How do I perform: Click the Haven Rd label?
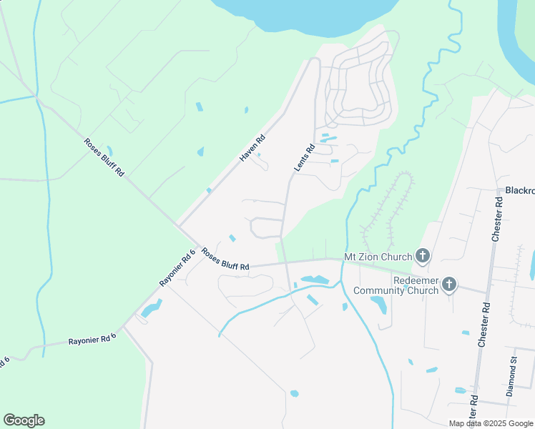click(x=252, y=148)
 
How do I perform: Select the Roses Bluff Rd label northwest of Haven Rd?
click(x=104, y=157)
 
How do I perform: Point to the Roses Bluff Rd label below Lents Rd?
click(x=225, y=259)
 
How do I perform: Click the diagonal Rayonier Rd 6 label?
click(x=177, y=267)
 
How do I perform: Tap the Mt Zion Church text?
click(x=378, y=257)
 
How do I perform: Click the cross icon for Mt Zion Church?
click(x=423, y=256)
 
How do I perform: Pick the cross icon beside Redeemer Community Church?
click(x=448, y=285)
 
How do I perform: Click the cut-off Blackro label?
click(x=519, y=191)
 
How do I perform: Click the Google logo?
click(x=24, y=420)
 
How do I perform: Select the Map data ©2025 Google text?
click(x=490, y=423)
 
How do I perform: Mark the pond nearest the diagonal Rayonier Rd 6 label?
click(x=152, y=308)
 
